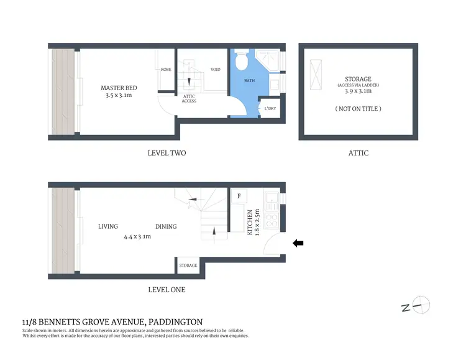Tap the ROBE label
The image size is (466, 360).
[166, 70]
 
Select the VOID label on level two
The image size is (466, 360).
[216, 70]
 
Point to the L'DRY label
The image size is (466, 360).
[270, 109]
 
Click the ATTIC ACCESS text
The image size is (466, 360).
[190, 98]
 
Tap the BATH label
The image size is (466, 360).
[249, 81]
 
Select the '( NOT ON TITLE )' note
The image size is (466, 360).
[359, 109]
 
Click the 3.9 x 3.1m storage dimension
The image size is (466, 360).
[359, 91]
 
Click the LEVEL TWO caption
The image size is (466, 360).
[167, 153]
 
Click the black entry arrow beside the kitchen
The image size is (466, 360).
[298, 244]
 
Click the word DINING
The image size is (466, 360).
[166, 226]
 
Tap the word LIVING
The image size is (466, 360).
[107, 226]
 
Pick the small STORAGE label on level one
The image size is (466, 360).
[188, 265]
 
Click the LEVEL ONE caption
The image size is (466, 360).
[167, 290]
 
